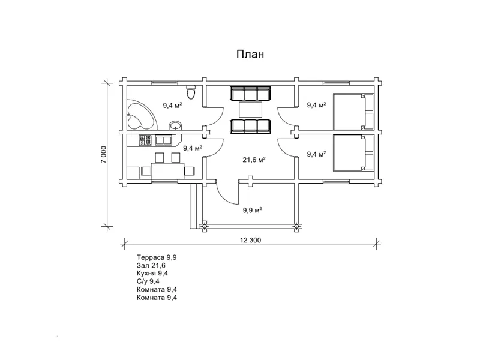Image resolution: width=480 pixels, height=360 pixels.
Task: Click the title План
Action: (x=250, y=54)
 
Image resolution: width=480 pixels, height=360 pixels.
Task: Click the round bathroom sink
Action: (x=175, y=125)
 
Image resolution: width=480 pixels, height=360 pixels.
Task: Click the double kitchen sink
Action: (x=164, y=140)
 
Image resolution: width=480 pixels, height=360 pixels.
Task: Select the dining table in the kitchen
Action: (x=168, y=171)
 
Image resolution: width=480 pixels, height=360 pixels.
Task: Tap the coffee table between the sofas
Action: (x=251, y=110)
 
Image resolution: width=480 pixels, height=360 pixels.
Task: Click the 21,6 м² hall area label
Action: (x=254, y=160)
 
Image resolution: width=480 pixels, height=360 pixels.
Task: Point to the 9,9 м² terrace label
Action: (x=252, y=211)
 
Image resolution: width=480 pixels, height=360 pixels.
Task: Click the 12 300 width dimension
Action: (x=251, y=241)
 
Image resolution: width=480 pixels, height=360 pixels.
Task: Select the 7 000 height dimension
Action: (x=104, y=154)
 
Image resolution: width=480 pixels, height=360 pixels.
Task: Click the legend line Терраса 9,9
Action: (x=157, y=257)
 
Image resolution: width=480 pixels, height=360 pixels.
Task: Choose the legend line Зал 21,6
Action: (x=151, y=265)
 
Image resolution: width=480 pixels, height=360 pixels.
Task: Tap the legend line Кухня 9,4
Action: (x=152, y=274)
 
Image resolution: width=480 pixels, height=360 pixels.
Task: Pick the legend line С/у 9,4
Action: (x=148, y=281)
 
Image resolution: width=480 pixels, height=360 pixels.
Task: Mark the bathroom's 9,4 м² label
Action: (x=172, y=106)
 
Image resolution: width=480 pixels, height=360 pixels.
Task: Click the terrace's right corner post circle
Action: (x=296, y=226)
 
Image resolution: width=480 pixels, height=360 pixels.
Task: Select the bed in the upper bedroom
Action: (x=353, y=112)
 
